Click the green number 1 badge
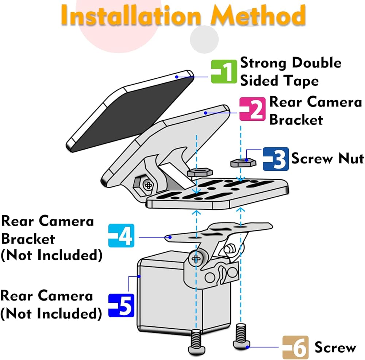(224, 71)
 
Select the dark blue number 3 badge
(276, 159)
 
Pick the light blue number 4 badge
(121, 236)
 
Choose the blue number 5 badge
(122, 306)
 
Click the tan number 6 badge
(295, 347)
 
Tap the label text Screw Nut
(327, 159)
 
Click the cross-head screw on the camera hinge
(196, 259)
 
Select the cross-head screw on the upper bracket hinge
(148, 185)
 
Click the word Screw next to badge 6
(335, 347)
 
